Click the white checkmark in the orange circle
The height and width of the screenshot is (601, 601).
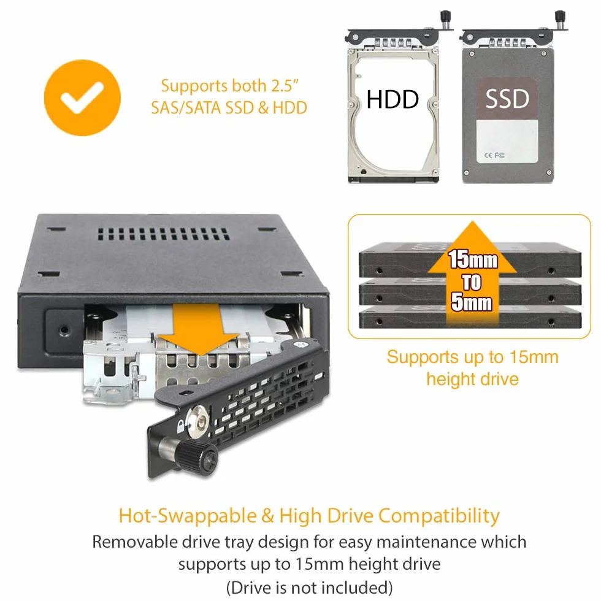click(x=82, y=98)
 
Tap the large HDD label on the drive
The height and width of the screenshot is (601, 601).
click(x=392, y=99)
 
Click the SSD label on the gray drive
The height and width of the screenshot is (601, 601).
click(x=507, y=98)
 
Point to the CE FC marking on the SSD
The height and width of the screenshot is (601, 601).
click(x=494, y=155)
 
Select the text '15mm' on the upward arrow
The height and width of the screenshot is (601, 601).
click(x=473, y=259)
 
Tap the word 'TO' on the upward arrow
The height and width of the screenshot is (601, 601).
click(x=472, y=282)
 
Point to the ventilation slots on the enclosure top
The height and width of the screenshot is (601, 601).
click(x=163, y=234)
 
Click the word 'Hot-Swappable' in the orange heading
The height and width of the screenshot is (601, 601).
click(x=188, y=516)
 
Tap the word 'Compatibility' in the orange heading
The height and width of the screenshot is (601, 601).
click(x=439, y=516)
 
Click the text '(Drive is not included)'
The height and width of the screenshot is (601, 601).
click(x=309, y=588)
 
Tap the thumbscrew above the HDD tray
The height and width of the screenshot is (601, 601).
click(x=445, y=19)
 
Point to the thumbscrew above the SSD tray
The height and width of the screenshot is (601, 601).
click(x=561, y=19)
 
